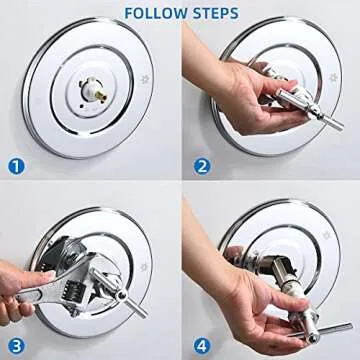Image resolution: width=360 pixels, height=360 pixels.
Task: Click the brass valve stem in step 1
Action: pyautogui.click(x=92, y=97)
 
